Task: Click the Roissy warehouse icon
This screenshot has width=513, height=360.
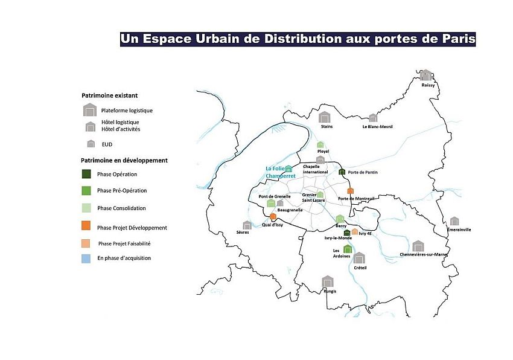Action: click(x=425, y=75)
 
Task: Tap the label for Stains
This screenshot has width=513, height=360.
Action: click(x=327, y=126)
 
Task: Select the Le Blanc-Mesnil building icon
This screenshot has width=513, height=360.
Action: click(x=373, y=118)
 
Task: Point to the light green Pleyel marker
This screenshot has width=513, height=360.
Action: click(x=320, y=145)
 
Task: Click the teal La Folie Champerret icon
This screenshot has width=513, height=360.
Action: click(x=288, y=169)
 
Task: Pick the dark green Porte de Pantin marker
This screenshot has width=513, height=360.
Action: click(x=342, y=172)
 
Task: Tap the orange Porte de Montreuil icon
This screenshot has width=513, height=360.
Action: click(x=350, y=191)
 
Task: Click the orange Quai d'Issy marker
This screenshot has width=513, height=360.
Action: click(x=273, y=216)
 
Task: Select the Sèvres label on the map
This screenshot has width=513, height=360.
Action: click(x=243, y=232)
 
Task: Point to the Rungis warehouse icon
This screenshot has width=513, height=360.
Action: click(x=328, y=281)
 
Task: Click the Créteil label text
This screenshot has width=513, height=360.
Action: click(x=360, y=268)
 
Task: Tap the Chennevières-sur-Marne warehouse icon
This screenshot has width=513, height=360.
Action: click(x=418, y=246)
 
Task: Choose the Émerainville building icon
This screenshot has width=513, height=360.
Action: click(x=454, y=221)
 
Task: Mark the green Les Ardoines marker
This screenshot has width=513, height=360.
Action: click(x=348, y=249)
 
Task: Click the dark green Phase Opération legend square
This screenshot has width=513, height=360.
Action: click(x=86, y=174)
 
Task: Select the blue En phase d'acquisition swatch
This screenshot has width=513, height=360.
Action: click(x=86, y=259)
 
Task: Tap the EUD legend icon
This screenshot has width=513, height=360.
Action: click(x=91, y=144)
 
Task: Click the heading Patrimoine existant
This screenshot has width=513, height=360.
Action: click(x=110, y=95)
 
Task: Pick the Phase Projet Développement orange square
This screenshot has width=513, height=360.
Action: click(x=86, y=226)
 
